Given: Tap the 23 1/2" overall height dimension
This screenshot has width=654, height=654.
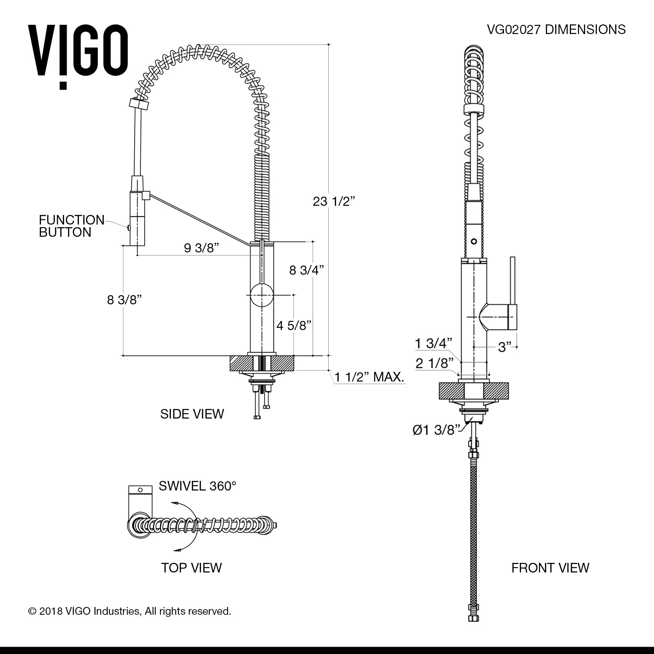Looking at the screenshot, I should coord(334,201).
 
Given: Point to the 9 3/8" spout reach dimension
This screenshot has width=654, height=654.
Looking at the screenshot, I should coord(201,248).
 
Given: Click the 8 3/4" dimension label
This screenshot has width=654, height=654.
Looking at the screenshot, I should coord(307,270).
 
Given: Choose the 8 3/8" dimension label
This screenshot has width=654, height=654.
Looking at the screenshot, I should coord(125,300).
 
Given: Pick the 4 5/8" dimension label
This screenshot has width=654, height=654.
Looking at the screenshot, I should coord(294,325).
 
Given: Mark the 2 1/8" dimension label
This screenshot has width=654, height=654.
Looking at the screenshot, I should coord(432,363).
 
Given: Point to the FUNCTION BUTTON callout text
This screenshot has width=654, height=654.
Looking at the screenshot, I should coord(72,226).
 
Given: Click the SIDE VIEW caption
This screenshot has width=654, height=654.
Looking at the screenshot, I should coord(192,414).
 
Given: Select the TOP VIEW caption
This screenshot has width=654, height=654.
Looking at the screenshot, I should coord(191,567).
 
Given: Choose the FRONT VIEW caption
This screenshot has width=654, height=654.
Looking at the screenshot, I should coord(550,567).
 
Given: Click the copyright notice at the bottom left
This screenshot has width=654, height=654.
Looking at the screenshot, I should coord(129,611).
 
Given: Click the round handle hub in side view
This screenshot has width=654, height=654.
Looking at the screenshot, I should coord(262,295).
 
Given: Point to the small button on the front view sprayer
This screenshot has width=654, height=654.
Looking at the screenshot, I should coord(474,240).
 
